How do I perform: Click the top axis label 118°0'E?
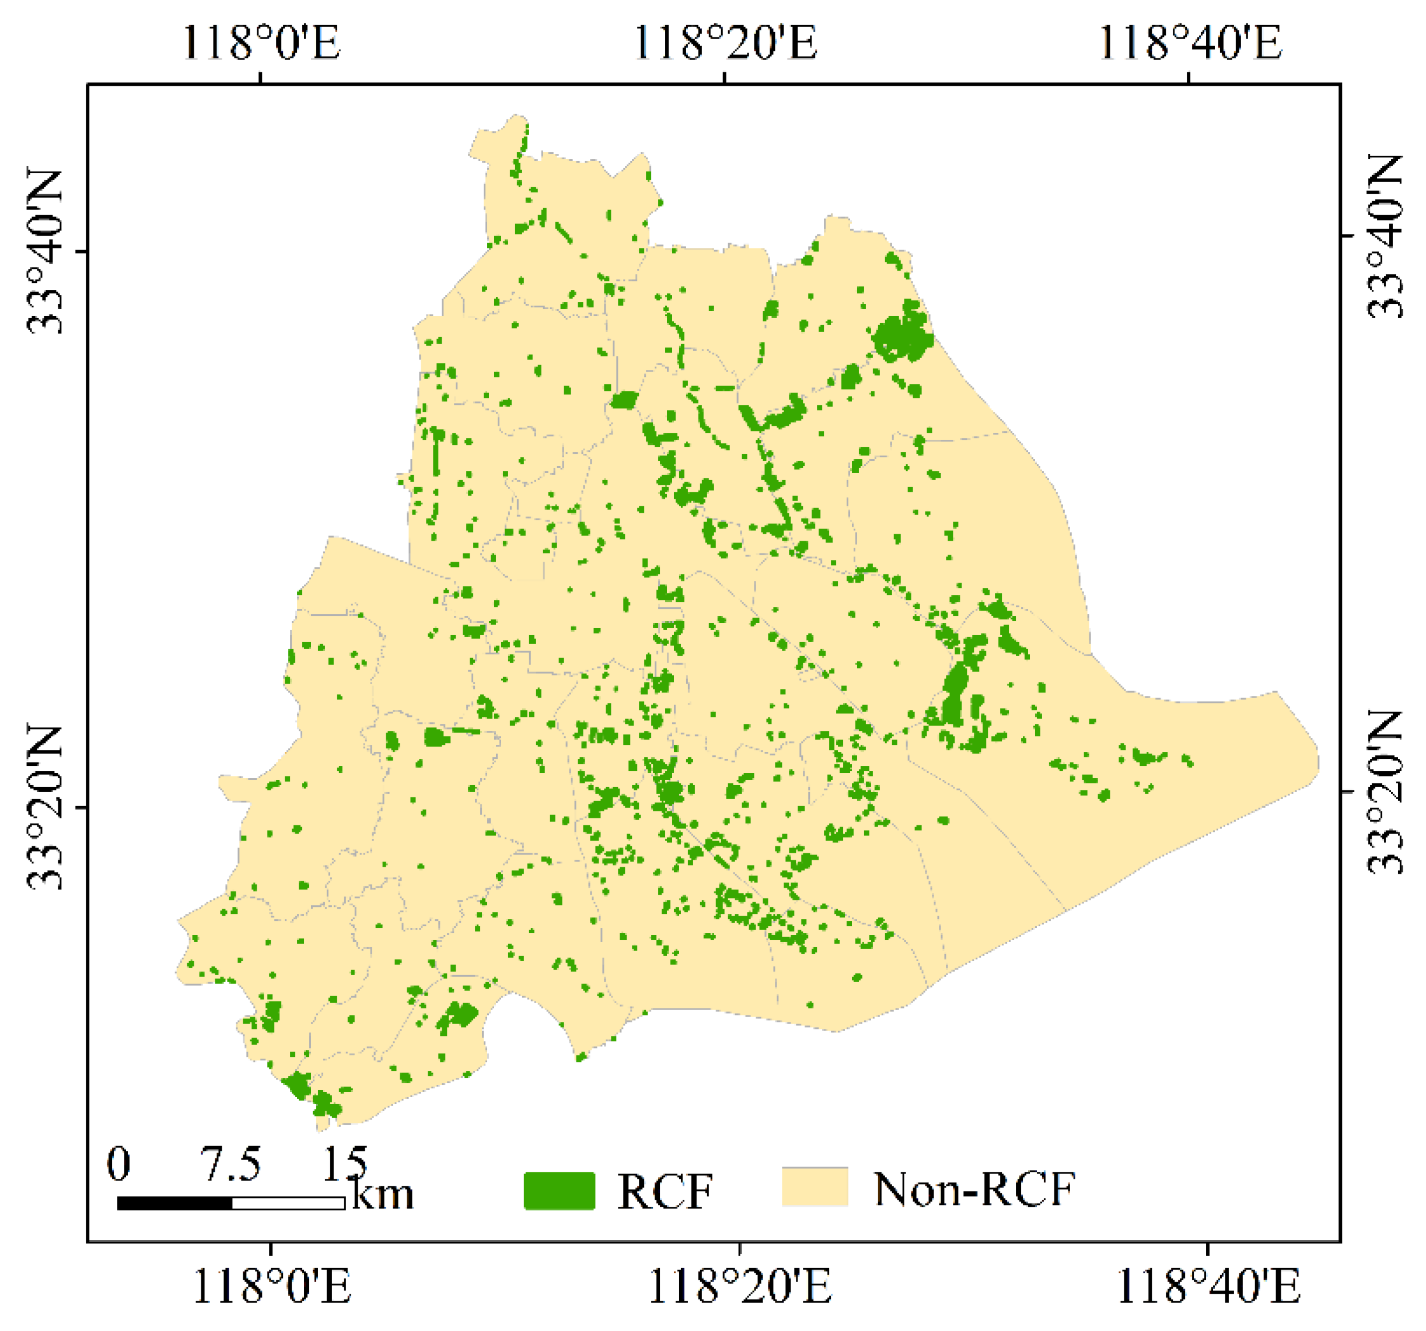[261, 43]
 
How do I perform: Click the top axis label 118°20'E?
[725, 43]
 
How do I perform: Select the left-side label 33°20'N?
[44, 807]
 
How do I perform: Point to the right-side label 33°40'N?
[1383, 236]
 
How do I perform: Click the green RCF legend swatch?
[559, 1191]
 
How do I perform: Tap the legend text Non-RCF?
[974, 1189]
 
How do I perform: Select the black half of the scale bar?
[174, 1203]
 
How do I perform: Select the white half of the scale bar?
[288, 1203]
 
